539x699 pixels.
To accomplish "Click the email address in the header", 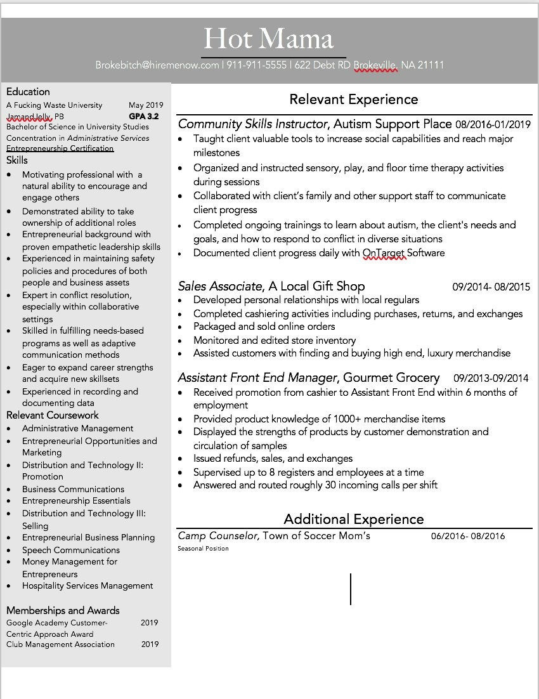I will click(x=157, y=65).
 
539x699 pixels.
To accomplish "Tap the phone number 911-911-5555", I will click(x=256, y=65).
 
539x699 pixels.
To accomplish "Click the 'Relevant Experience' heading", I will click(x=353, y=100).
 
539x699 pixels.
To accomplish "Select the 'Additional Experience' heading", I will click(x=353, y=519).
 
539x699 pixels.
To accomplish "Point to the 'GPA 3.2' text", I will click(x=144, y=117).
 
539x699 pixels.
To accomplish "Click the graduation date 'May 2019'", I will click(x=146, y=105).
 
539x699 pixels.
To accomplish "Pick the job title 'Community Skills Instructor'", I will click(x=253, y=124).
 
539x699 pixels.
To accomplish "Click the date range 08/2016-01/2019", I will click(x=493, y=124).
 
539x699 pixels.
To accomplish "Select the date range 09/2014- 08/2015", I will click(x=491, y=287).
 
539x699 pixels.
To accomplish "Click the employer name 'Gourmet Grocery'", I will click(x=391, y=377).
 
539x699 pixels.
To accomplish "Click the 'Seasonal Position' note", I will click(x=203, y=549).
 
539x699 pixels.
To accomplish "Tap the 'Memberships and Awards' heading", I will click(x=63, y=610).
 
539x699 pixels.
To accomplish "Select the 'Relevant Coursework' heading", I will click(x=53, y=415).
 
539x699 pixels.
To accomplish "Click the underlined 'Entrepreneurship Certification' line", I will click(x=60, y=148).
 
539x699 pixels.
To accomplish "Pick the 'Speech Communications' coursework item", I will click(x=71, y=550).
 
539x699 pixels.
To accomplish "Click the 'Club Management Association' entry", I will click(x=60, y=644).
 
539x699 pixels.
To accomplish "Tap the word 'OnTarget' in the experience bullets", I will click(x=384, y=253).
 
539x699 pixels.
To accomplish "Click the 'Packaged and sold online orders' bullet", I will click(x=264, y=327).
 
